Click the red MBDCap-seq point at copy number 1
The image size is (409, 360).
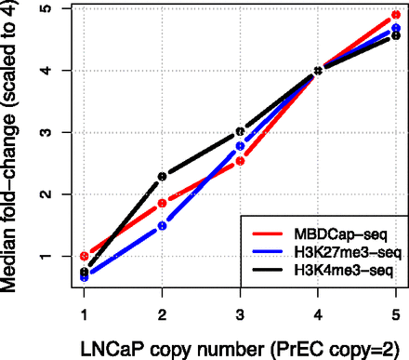85,256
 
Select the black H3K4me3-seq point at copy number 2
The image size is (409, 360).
163,176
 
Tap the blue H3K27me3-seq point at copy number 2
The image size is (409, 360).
163,225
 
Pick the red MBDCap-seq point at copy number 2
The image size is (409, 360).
163,203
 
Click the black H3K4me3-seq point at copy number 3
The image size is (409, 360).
240,132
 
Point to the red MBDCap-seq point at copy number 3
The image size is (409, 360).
240,161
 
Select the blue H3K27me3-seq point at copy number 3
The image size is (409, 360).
240,146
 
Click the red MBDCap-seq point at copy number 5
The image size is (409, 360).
395,15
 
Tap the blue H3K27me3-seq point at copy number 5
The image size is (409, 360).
395,29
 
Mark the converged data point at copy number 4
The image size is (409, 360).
318,70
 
